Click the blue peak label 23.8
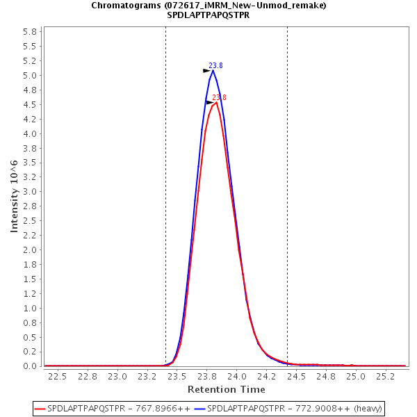[x=215, y=66]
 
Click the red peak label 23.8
[x=219, y=98]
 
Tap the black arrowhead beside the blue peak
[x=206, y=70]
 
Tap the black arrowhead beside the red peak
[x=210, y=102]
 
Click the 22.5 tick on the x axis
[x=57, y=377]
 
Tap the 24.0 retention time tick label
[x=236, y=377]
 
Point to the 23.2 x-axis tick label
[x=147, y=377]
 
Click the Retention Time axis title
[x=226, y=389]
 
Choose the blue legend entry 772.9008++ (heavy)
[x=292, y=408]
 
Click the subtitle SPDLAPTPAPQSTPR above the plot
[x=208, y=15]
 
